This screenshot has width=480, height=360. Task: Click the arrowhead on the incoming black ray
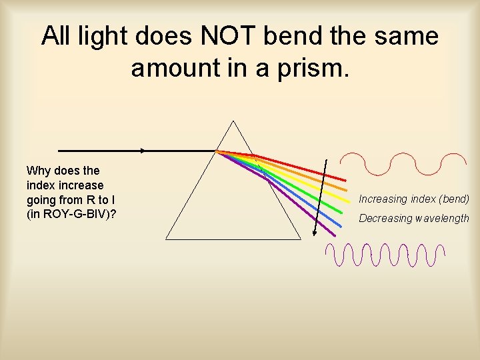143,151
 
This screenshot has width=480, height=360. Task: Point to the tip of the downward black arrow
315,235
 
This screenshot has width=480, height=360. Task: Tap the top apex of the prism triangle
233,121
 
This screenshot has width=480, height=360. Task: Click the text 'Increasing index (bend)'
414,199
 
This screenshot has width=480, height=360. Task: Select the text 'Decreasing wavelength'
414,218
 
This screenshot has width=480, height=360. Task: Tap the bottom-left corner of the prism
166,238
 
